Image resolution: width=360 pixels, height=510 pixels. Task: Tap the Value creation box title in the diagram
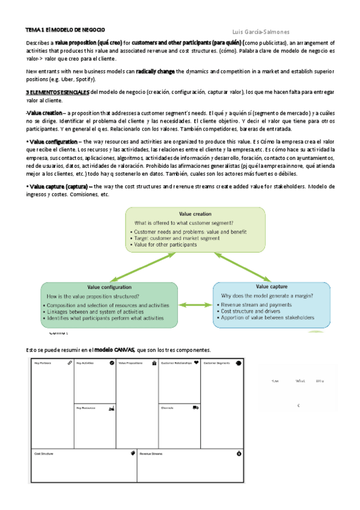coord(195,214)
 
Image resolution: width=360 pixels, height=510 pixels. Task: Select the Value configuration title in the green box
coord(108,287)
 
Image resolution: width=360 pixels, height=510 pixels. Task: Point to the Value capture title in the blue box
coord(272,287)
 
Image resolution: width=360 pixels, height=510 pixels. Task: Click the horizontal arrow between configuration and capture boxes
coord(195,305)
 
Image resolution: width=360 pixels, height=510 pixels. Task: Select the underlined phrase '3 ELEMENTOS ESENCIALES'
coord(57,92)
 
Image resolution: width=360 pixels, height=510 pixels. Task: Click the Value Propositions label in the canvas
coord(130,363)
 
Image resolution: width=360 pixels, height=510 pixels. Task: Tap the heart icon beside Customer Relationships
coord(196,363)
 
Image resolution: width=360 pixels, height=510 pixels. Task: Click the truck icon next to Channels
coord(196,407)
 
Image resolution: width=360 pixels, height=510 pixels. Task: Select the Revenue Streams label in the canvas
coord(151,453)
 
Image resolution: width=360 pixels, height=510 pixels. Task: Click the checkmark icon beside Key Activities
coord(112,363)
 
